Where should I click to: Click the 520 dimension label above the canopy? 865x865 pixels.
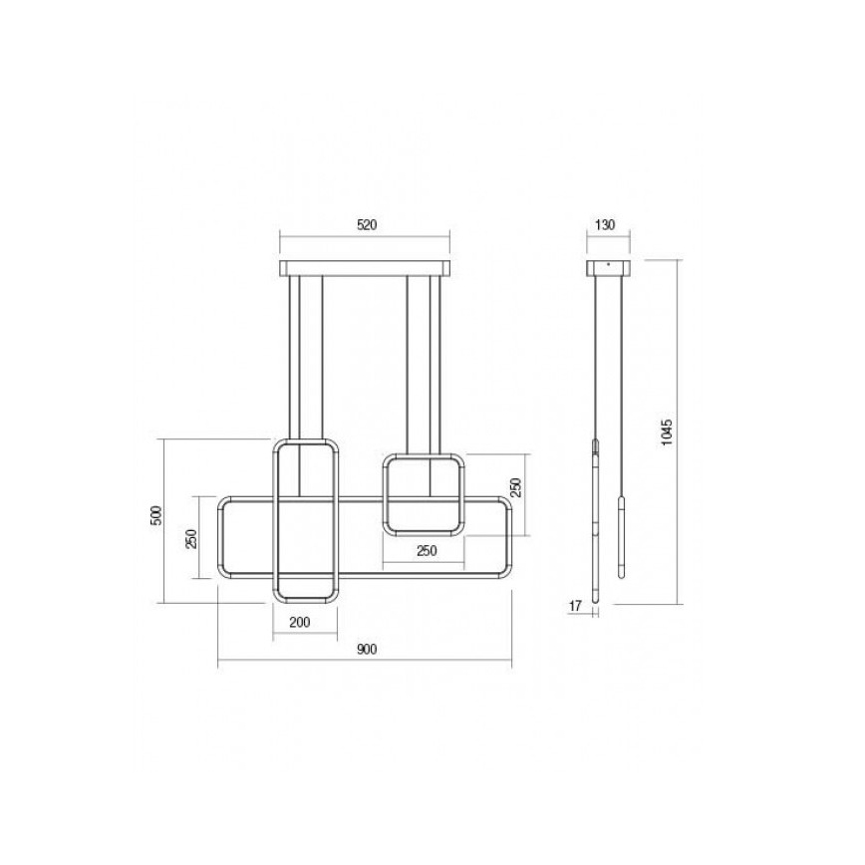pos(365,225)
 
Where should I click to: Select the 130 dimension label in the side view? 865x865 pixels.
pos(604,225)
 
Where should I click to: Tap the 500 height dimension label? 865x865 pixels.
pos(155,518)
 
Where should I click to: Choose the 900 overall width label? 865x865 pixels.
pos(365,650)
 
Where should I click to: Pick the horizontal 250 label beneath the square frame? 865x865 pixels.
pos(426,551)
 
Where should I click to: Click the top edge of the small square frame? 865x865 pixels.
pos(424,457)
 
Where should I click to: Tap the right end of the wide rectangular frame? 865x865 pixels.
pos(510,538)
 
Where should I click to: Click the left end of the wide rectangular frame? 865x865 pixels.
pos(221,538)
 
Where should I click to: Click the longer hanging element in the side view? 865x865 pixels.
pos(596,518)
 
